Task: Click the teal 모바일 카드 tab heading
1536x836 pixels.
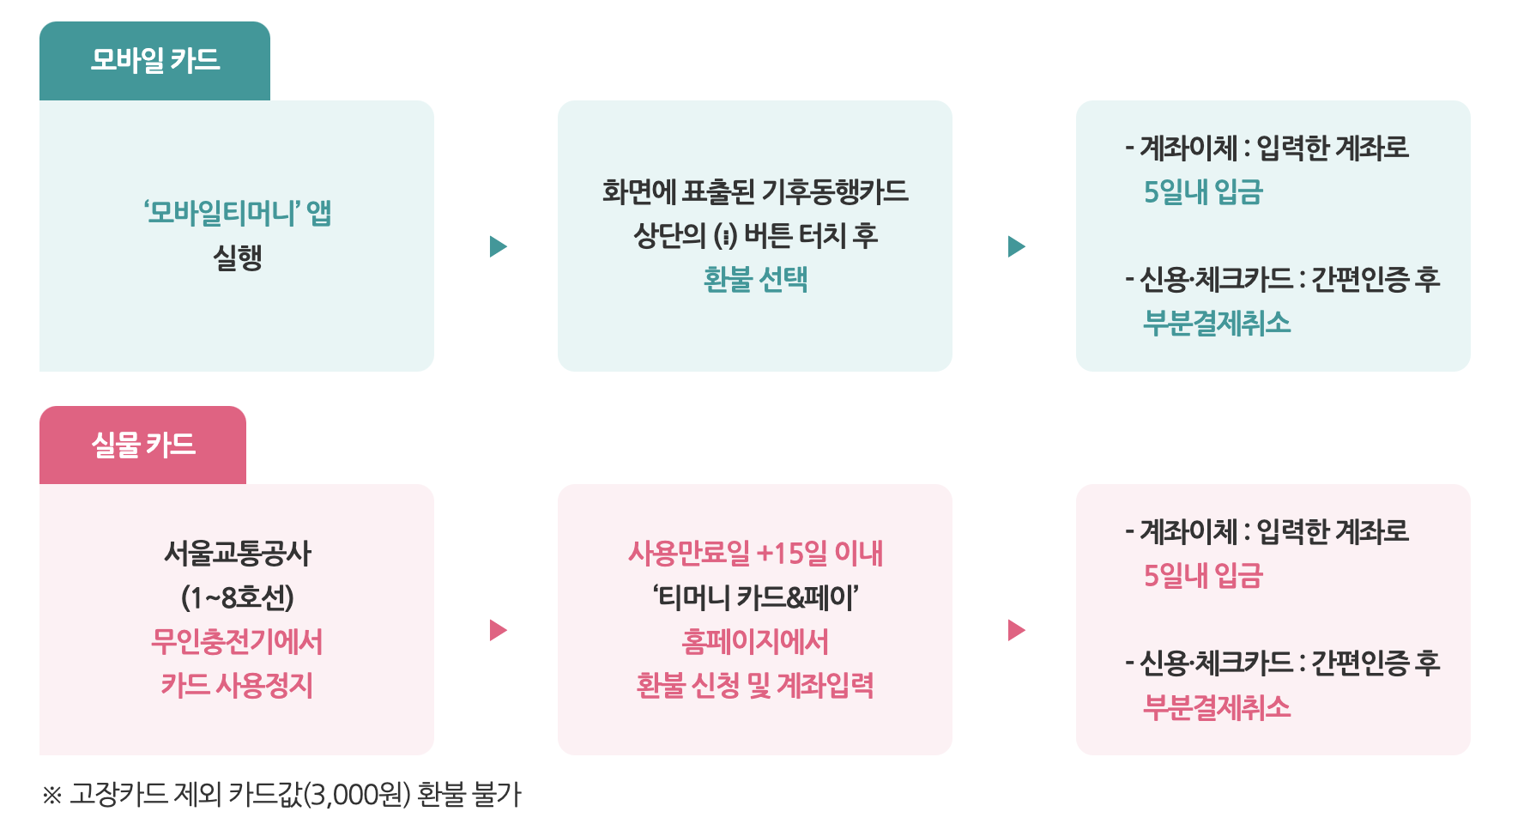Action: tap(155, 61)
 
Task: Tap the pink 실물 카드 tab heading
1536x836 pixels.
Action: tap(143, 445)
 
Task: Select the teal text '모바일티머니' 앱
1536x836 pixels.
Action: tap(237, 212)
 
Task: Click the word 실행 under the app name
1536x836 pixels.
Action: tap(237, 257)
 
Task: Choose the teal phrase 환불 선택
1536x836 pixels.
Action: tap(755, 279)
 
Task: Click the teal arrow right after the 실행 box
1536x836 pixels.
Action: tap(498, 246)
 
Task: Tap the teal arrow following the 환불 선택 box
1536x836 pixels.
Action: tap(1016, 246)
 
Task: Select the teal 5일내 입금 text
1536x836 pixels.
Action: tap(1203, 192)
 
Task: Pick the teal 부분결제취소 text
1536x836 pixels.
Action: tap(1217, 323)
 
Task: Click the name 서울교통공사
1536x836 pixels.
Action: tap(237, 553)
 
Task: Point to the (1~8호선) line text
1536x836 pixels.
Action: tap(237, 597)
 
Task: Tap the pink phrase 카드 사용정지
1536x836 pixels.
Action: tap(237, 685)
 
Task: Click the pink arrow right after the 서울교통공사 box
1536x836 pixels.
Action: tap(498, 630)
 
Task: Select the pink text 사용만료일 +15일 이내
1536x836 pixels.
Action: tap(755, 553)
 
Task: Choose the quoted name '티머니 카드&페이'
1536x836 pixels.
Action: tap(755, 597)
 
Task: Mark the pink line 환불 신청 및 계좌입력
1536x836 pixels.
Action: tap(755, 685)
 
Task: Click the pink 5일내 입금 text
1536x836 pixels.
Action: tap(1203, 576)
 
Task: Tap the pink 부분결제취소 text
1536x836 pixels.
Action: tap(1217, 707)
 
